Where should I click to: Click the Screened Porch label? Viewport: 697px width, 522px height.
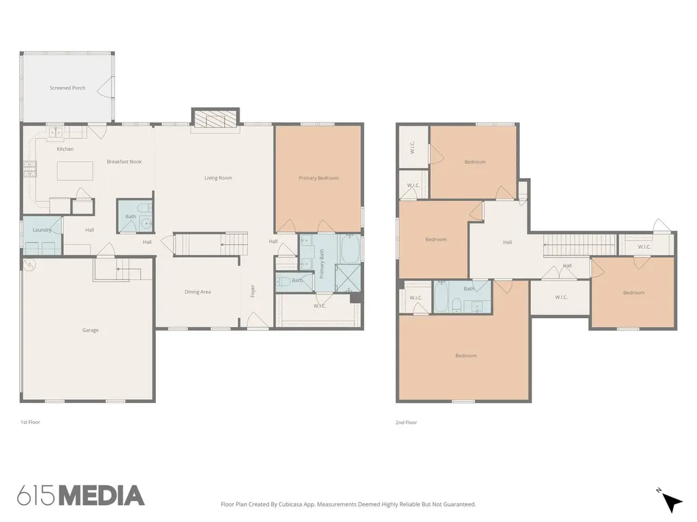67,88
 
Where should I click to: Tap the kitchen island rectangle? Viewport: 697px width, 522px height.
75,171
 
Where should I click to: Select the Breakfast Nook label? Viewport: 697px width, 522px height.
124,162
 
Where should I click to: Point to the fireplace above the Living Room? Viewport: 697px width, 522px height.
216,118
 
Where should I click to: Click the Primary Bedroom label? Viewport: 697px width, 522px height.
319,178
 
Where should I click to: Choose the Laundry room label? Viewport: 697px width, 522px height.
42,230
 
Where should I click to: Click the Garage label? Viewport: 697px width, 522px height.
91,330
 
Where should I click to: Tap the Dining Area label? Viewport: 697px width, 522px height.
198,292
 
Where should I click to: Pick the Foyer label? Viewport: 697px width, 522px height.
253,291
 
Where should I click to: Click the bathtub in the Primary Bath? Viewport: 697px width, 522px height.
351,248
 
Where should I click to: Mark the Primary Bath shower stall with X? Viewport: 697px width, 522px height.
348,278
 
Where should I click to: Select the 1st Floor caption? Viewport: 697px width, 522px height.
30,422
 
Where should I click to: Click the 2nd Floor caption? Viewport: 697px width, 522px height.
406,423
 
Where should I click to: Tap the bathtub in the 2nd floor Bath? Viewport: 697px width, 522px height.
442,296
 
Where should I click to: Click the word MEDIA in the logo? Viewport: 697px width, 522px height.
102,495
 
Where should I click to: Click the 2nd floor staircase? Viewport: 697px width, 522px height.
580,245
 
